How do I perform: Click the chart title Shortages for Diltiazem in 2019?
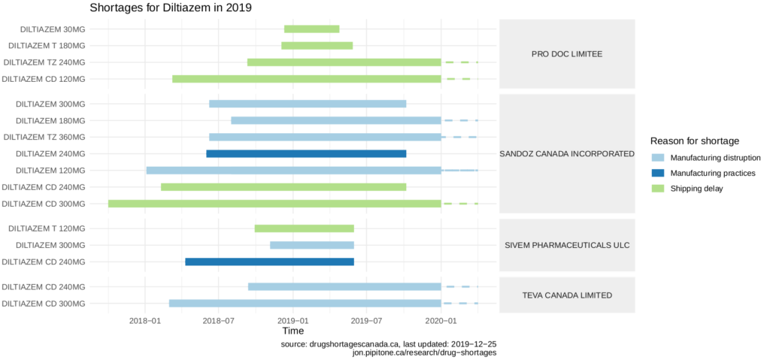click(x=170, y=8)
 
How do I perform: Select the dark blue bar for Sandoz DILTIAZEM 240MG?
click(x=306, y=154)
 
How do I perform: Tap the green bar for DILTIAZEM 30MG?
click(x=311, y=29)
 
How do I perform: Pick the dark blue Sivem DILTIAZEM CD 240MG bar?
click(x=269, y=262)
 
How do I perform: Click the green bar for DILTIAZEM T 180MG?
click(x=317, y=46)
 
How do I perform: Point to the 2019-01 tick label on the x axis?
click(x=293, y=319)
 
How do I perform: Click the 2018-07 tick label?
click(x=219, y=319)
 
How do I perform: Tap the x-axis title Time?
click(x=293, y=331)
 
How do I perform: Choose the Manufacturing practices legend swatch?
click(x=659, y=173)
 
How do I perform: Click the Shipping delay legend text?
click(x=697, y=189)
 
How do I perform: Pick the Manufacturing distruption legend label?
click(x=716, y=158)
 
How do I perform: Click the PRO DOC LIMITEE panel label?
click(x=567, y=54)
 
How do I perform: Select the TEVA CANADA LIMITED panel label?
click(x=567, y=295)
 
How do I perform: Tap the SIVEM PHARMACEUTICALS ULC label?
click(x=567, y=245)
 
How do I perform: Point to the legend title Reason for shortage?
click(x=695, y=141)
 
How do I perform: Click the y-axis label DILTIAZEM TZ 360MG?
click(x=44, y=138)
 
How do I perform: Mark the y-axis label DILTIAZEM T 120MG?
click(x=50, y=228)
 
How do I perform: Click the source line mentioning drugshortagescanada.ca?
click(x=388, y=343)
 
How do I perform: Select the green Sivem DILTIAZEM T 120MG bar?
click(x=304, y=228)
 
